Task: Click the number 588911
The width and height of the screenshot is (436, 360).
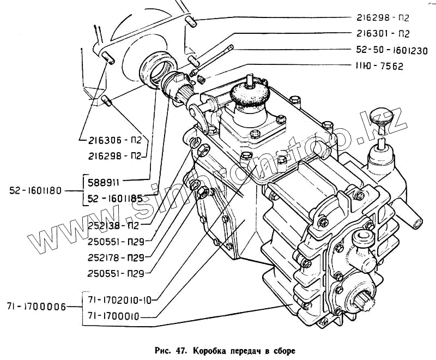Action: point(105,179)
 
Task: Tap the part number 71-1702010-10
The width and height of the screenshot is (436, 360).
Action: point(121,299)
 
